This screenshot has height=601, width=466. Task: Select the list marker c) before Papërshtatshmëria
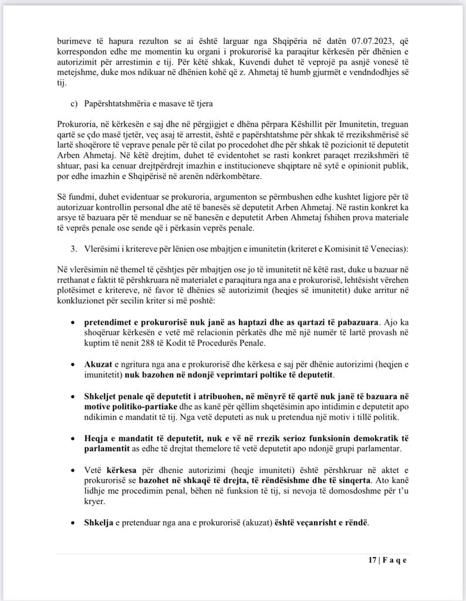pyautogui.click(x=75, y=103)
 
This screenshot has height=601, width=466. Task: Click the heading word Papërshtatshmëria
pyautogui.click(x=119, y=103)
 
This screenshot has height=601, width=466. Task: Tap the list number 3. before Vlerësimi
pyautogui.click(x=74, y=248)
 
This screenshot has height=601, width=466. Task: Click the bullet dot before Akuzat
pyautogui.click(x=72, y=364)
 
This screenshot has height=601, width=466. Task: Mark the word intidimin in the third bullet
pyautogui.click(x=323, y=406)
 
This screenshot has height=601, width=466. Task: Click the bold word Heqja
pyautogui.click(x=97, y=438)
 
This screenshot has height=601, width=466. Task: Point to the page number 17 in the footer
pyautogui.click(x=373, y=559)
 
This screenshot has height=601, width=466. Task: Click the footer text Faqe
pyautogui.click(x=394, y=559)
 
